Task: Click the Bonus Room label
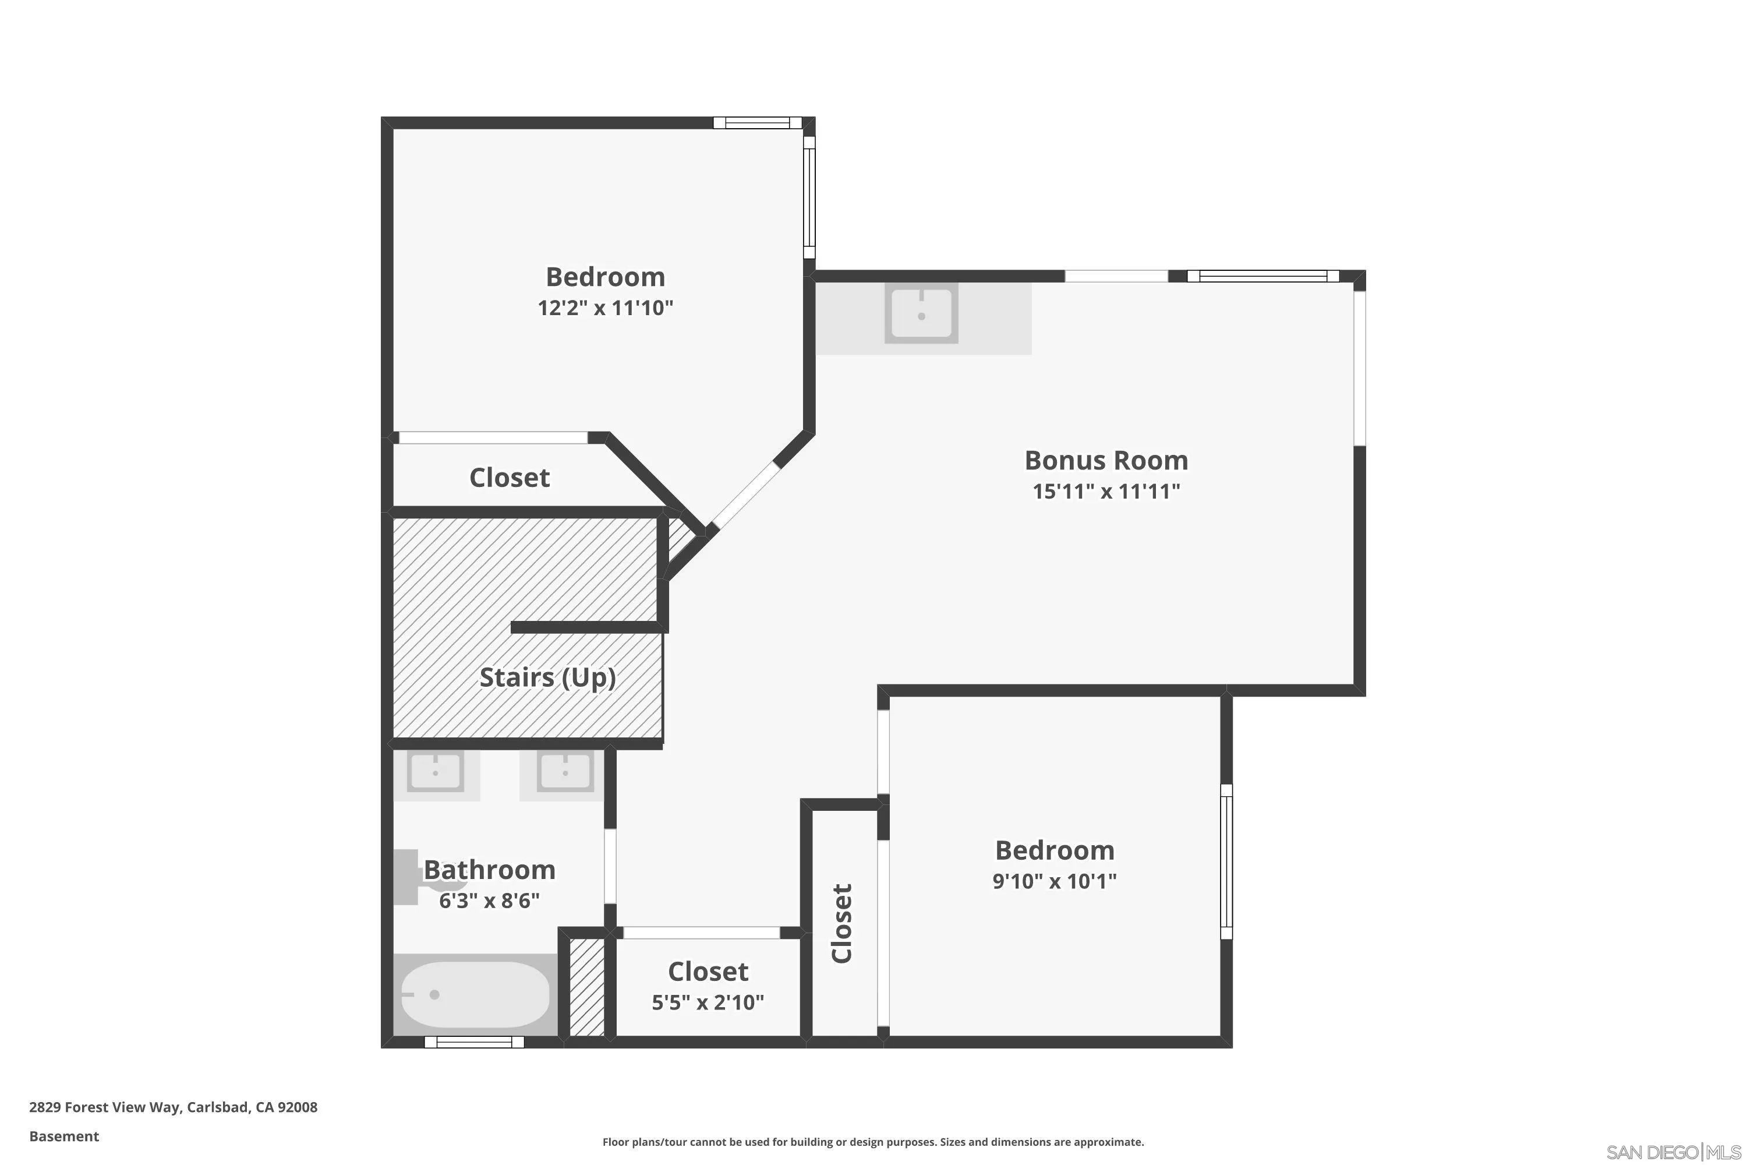pyautogui.click(x=1105, y=460)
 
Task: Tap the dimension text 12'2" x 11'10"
pyautogui.click(x=606, y=308)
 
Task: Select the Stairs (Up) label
pyautogui.click(x=547, y=677)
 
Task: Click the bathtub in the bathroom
pyautogui.click(x=475, y=994)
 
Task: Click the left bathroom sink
pyautogui.click(x=435, y=772)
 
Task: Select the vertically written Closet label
pyautogui.click(x=841, y=923)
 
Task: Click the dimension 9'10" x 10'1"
pyautogui.click(x=1054, y=881)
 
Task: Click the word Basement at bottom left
pyautogui.click(x=64, y=1136)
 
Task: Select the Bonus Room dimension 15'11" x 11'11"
pyautogui.click(x=1105, y=491)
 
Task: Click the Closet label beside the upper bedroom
pyautogui.click(x=510, y=478)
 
